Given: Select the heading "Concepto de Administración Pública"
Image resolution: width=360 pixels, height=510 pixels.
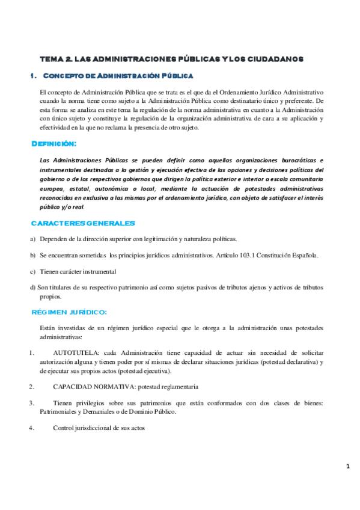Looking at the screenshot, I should point(118,76).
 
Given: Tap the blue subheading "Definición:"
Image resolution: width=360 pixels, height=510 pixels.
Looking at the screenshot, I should point(54,144).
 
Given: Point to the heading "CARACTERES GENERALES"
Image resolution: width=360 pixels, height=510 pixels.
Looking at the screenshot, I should point(83,224).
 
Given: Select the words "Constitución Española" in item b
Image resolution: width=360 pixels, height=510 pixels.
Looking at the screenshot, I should point(286,255).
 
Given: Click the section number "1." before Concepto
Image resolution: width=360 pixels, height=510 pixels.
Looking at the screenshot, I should point(34,76).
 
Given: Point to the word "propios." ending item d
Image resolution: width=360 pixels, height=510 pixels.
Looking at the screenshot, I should point(50,296).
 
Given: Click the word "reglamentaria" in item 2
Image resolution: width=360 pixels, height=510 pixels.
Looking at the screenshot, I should point(178,386).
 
